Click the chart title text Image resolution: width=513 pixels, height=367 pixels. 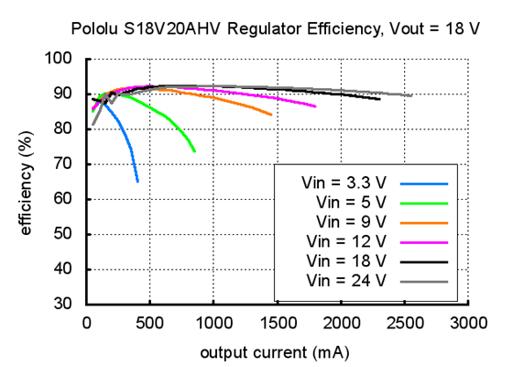tap(275, 28)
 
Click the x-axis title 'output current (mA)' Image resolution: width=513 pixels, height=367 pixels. tap(275, 351)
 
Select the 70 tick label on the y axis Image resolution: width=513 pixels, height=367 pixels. tap(64, 164)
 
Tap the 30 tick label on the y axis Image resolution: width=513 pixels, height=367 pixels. tap(64, 304)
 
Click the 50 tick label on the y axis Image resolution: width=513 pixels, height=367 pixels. tap(64, 234)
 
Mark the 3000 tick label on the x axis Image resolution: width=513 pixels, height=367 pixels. tap(468, 323)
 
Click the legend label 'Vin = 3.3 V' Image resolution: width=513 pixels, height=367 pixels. tap(344, 182)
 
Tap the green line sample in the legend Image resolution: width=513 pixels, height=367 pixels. tap(423, 202)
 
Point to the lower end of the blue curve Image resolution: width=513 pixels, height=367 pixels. tap(137, 182)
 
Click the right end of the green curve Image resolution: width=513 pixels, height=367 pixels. tap(194, 151)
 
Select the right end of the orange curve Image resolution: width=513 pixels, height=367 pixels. tap(272, 115)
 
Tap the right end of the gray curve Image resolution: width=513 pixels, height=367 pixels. tap(411, 95)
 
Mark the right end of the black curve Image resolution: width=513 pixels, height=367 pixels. tap(379, 99)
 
